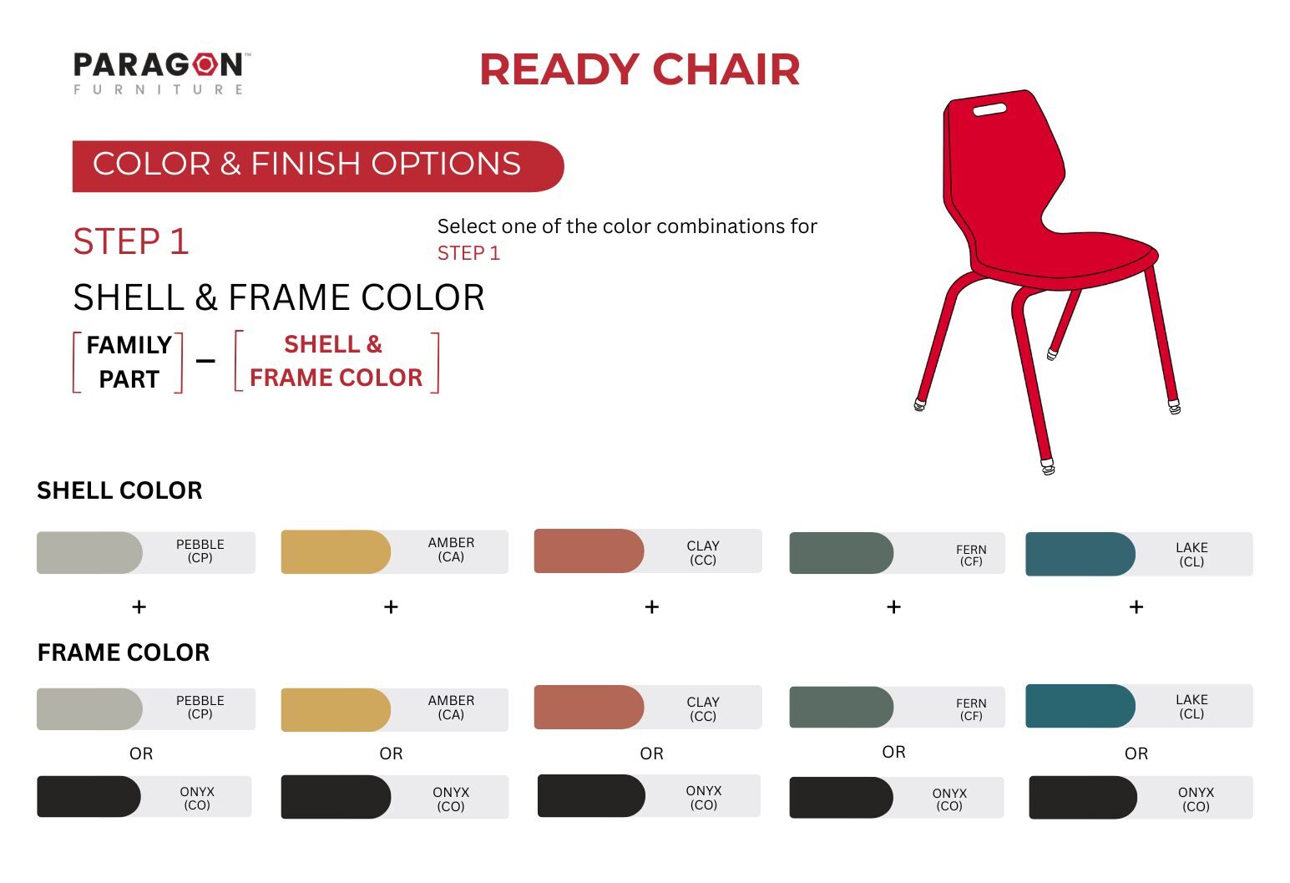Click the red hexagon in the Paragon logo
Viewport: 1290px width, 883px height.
205,64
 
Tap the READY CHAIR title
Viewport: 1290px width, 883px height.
640,69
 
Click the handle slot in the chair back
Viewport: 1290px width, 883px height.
989,109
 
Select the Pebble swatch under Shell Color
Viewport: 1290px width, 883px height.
89,552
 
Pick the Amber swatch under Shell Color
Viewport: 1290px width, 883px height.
336,551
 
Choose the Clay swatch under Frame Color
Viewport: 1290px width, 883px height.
589,707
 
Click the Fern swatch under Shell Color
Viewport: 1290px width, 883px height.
841,553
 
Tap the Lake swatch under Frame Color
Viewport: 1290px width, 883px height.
1080,705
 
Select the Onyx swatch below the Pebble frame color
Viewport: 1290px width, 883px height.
89,796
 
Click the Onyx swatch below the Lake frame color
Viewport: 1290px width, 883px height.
1083,797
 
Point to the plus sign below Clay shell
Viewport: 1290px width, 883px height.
652,607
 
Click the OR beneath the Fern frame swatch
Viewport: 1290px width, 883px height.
893,752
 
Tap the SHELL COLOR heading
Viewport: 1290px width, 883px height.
119,490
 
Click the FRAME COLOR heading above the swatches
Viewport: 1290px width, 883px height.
124,652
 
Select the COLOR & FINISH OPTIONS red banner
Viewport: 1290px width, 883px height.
318,166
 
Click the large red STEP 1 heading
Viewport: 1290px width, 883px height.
131,241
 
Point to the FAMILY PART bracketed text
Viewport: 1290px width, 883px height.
129,362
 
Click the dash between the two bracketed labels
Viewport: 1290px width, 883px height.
205,361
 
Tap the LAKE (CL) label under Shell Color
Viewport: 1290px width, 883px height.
1191,554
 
